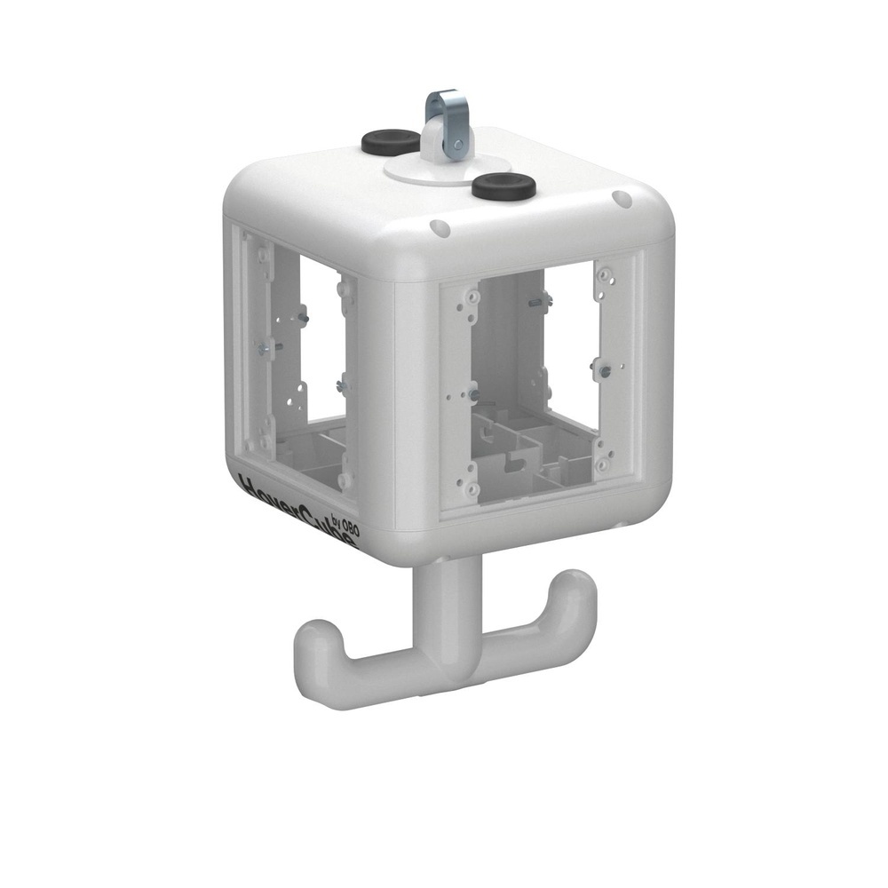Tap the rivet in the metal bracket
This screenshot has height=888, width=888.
point(456,144)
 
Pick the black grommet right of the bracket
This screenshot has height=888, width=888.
point(503,186)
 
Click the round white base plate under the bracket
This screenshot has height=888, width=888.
point(417,170)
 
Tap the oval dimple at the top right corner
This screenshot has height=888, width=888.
point(622,200)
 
